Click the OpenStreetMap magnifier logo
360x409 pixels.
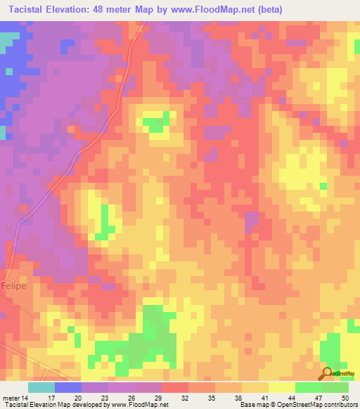(328, 374)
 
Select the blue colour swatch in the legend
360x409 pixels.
(68, 387)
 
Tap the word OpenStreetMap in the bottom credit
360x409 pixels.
(289, 405)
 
